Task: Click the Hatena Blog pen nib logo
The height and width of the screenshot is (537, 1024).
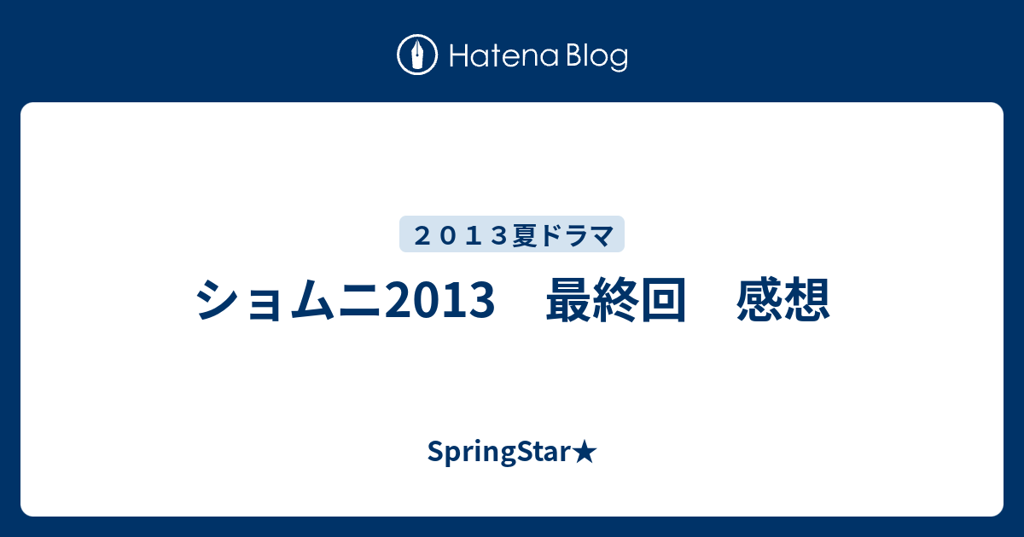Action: [x=417, y=55]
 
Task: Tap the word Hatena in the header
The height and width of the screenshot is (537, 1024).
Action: [x=504, y=55]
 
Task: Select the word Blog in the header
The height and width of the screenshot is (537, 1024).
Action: [x=597, y=56]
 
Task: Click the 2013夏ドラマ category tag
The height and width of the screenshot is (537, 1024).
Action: [x=512, y=234]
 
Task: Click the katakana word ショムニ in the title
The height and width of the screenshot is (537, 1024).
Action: [x=288, y=299]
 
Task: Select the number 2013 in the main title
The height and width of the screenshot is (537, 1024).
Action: [x=439, y=299]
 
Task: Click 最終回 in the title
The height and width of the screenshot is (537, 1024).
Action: [x=616, y=299]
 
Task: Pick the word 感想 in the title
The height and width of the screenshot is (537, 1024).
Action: [x=783, y=299]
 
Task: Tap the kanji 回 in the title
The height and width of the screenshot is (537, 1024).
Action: [x=663, y=299]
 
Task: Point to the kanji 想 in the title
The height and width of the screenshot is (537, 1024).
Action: [x=807, y=299]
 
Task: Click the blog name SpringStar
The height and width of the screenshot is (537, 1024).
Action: [x=498, y=452]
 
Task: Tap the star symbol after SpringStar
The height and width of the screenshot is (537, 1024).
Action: [x=585, y=452]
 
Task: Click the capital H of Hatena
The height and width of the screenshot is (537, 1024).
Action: [x=460, y=55]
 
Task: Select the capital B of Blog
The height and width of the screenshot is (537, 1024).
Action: [x=575, y=55]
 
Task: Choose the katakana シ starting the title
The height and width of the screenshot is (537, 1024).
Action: [x=218, y=299]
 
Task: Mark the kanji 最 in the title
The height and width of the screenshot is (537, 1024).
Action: [x=568, y=299]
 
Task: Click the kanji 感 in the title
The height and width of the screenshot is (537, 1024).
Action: [x=759, y=299]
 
